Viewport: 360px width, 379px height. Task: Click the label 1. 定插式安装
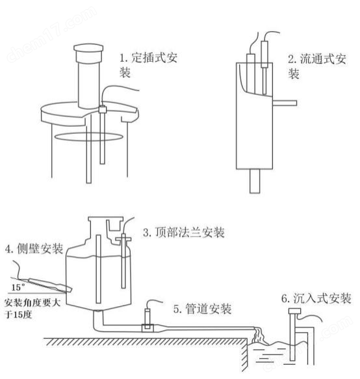coord(148,65)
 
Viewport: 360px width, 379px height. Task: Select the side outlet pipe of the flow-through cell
coord(284,103)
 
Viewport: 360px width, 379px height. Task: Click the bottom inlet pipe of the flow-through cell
coord(255,181)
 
